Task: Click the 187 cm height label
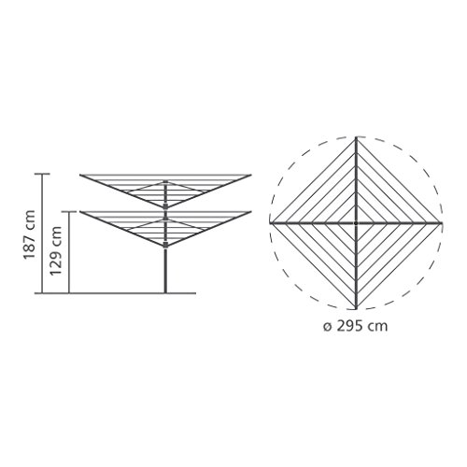click(30, 234)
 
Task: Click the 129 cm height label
click(56, 250)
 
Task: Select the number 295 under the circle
click(350, 326)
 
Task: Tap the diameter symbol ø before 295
click(327, 327)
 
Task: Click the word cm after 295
click(377, 328)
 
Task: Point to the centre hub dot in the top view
click(356, 223)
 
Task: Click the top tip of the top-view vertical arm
click(356, 137)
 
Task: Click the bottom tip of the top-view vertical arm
click(356, 309)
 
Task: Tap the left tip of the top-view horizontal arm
click(270, 223)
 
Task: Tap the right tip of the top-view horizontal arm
click(442, 223)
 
